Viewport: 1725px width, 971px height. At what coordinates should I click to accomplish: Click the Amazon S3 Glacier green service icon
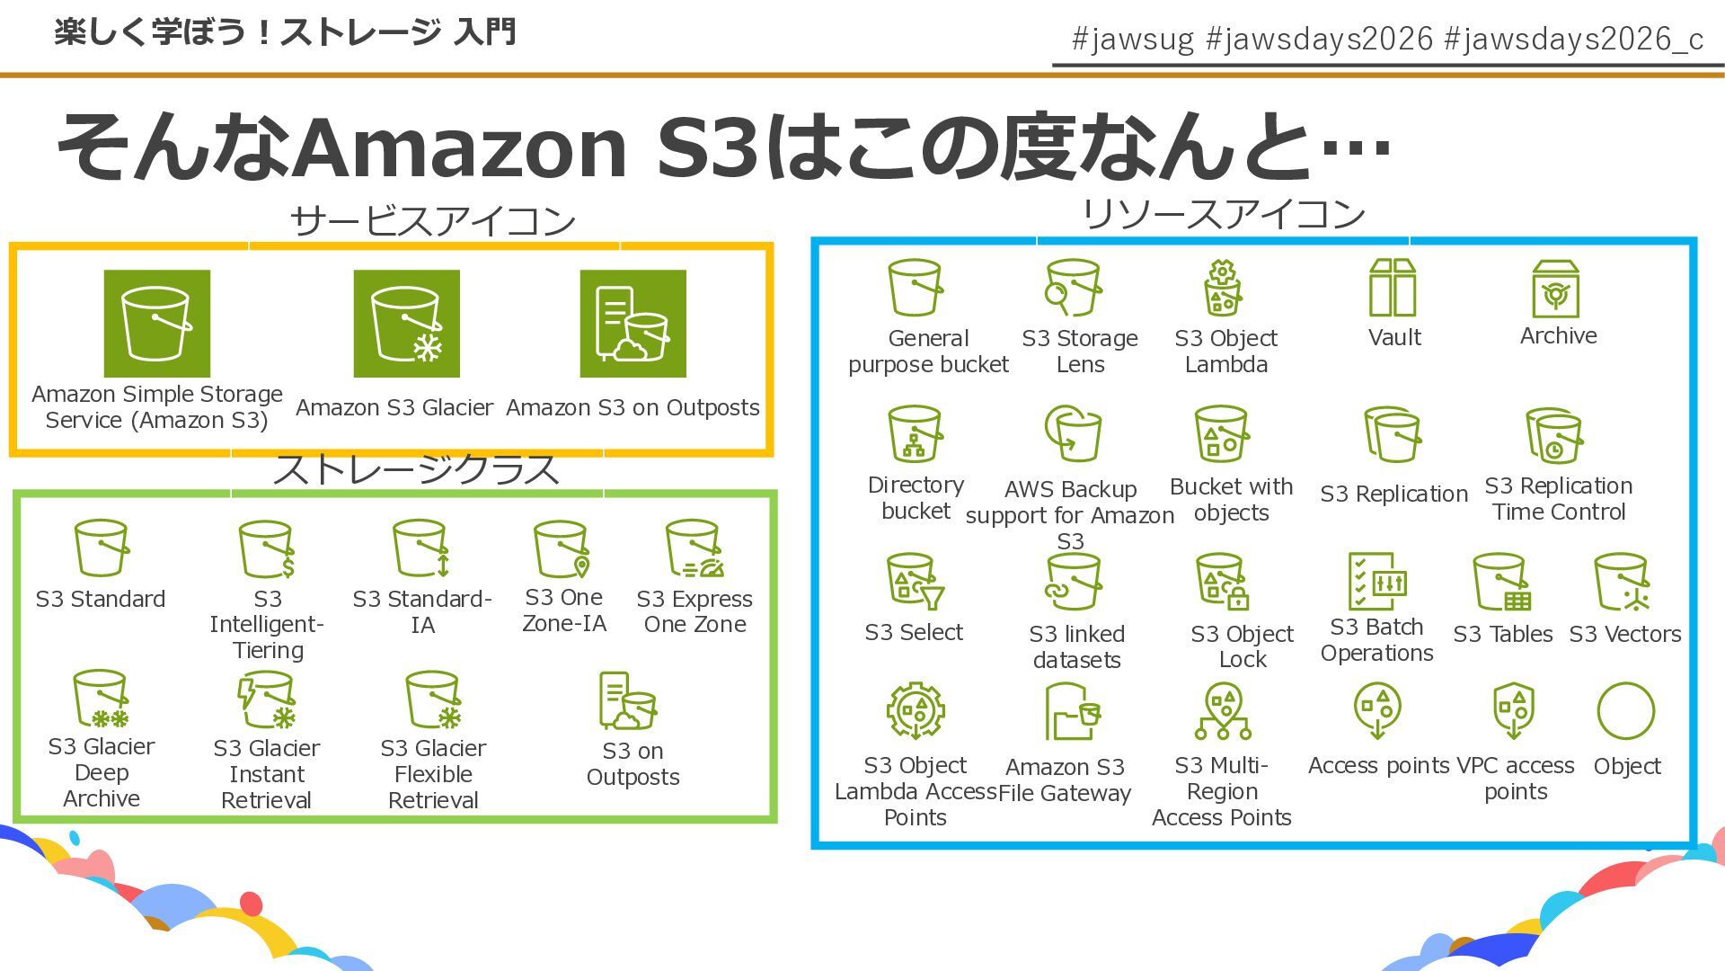pos(406,324)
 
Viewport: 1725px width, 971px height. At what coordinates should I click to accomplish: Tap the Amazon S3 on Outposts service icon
pos(632,324)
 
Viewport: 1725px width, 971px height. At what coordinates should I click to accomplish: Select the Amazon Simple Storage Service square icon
pos(157,324)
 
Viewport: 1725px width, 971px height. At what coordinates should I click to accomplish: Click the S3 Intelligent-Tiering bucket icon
pos(267,548)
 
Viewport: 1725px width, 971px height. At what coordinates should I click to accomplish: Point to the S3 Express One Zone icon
pos(694,548)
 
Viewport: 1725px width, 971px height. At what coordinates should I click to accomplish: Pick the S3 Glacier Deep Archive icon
pos(102,699)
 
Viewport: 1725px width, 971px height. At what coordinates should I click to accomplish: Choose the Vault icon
pos(1393,288)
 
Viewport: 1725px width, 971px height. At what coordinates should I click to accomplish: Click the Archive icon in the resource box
pos(1555,289)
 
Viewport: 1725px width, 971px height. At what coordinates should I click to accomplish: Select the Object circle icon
pos(1626,711)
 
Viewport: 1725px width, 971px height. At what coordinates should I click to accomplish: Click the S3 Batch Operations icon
pos(1376,582)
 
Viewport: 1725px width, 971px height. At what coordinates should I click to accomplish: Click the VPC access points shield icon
pos(1514,710)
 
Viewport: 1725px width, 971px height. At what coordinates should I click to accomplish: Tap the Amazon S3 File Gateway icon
pos(1072,711)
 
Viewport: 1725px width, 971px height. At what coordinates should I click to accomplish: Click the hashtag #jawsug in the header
pos(1133,39)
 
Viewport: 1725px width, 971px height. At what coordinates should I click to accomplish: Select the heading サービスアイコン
pos(432,221)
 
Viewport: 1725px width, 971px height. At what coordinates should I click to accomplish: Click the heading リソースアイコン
pos(1223,214)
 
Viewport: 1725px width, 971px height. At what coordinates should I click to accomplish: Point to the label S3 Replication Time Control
pos(1558,499)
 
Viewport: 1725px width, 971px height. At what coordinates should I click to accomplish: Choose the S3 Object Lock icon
pos(1222,582)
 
